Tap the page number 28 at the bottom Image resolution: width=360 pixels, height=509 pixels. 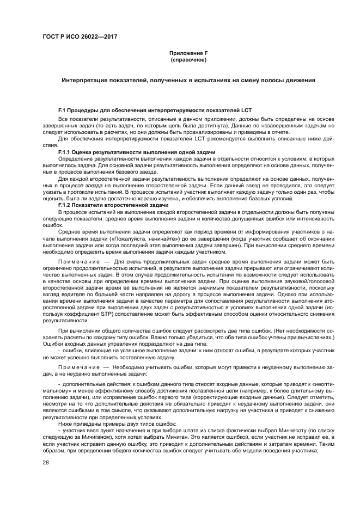[x=46, y=462]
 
